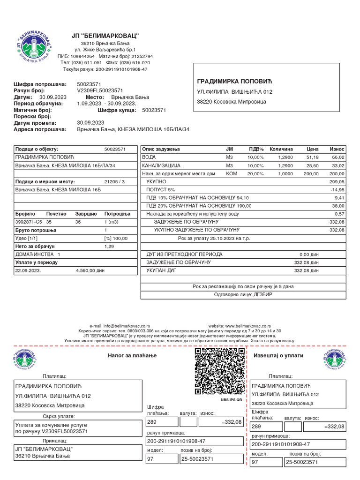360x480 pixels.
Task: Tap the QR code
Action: [219, 371]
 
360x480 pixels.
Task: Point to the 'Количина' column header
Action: [281, 149]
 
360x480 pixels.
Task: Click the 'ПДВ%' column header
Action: [255, 149]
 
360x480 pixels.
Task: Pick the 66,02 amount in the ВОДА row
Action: [337, 157]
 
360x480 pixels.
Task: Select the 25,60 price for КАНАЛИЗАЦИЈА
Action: [312, 165]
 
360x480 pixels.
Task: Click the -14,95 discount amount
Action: [337, 189]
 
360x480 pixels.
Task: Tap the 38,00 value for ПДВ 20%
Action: [338, 206]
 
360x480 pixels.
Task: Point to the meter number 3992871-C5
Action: [29, 222]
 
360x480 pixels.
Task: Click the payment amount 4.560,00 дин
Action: [90, 270]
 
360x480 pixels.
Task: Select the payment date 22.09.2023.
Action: [28, 270]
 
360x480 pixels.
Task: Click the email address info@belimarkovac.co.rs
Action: [120, 325]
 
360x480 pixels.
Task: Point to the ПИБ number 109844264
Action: [83, 56]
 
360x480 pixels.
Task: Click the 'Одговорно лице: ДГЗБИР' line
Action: [243, 294]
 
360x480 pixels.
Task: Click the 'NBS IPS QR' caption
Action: [231, 400]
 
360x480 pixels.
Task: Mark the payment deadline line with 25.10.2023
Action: [243, 238]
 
